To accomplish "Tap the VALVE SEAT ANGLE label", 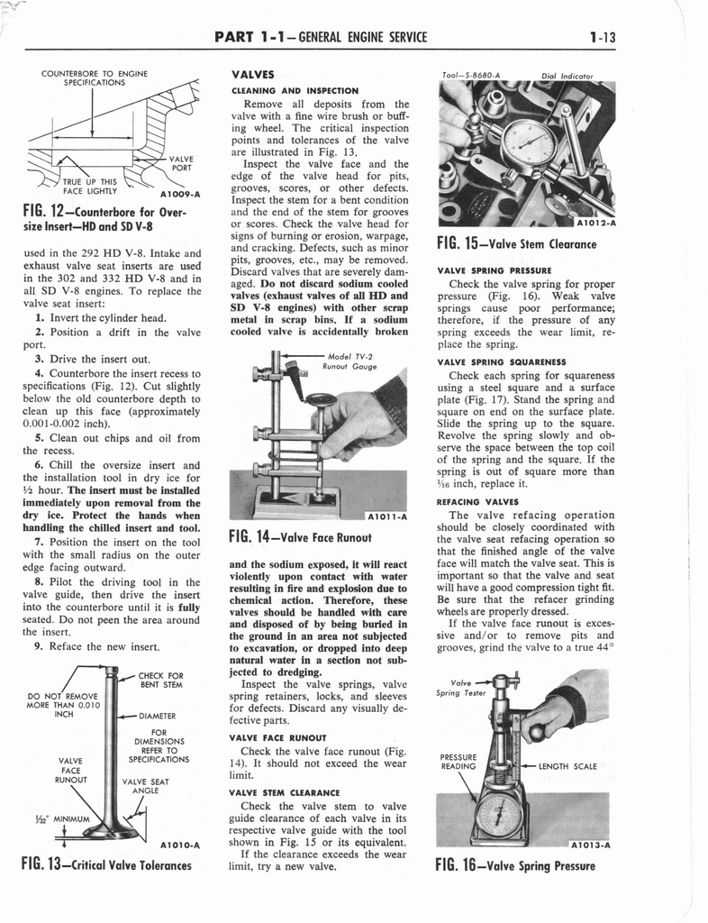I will (146, 787).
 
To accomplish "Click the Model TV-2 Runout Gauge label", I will (348, 361).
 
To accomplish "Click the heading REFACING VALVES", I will (477, 501).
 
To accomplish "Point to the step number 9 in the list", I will (38, 646).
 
